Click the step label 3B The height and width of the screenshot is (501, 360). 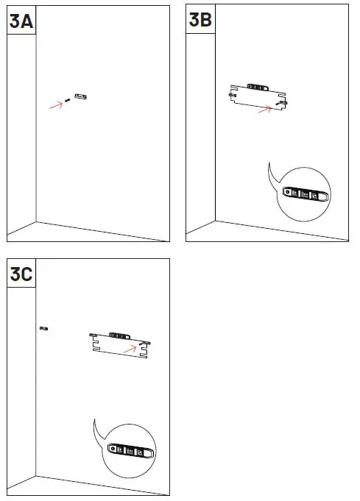[200, 20]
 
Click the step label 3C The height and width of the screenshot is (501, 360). [21, 274]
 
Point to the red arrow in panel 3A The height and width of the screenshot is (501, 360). [56, 104]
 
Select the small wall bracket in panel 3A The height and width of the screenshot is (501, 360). [80, 96]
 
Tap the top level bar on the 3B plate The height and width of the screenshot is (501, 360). [257, 86]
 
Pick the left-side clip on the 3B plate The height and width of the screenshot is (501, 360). [231, 94]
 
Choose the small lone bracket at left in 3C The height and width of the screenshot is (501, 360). [43, 327]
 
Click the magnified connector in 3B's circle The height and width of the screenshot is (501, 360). [303, 194]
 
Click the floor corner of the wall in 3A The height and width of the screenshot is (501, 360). [35, 221]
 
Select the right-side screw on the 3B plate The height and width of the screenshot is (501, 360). [282, 104]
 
